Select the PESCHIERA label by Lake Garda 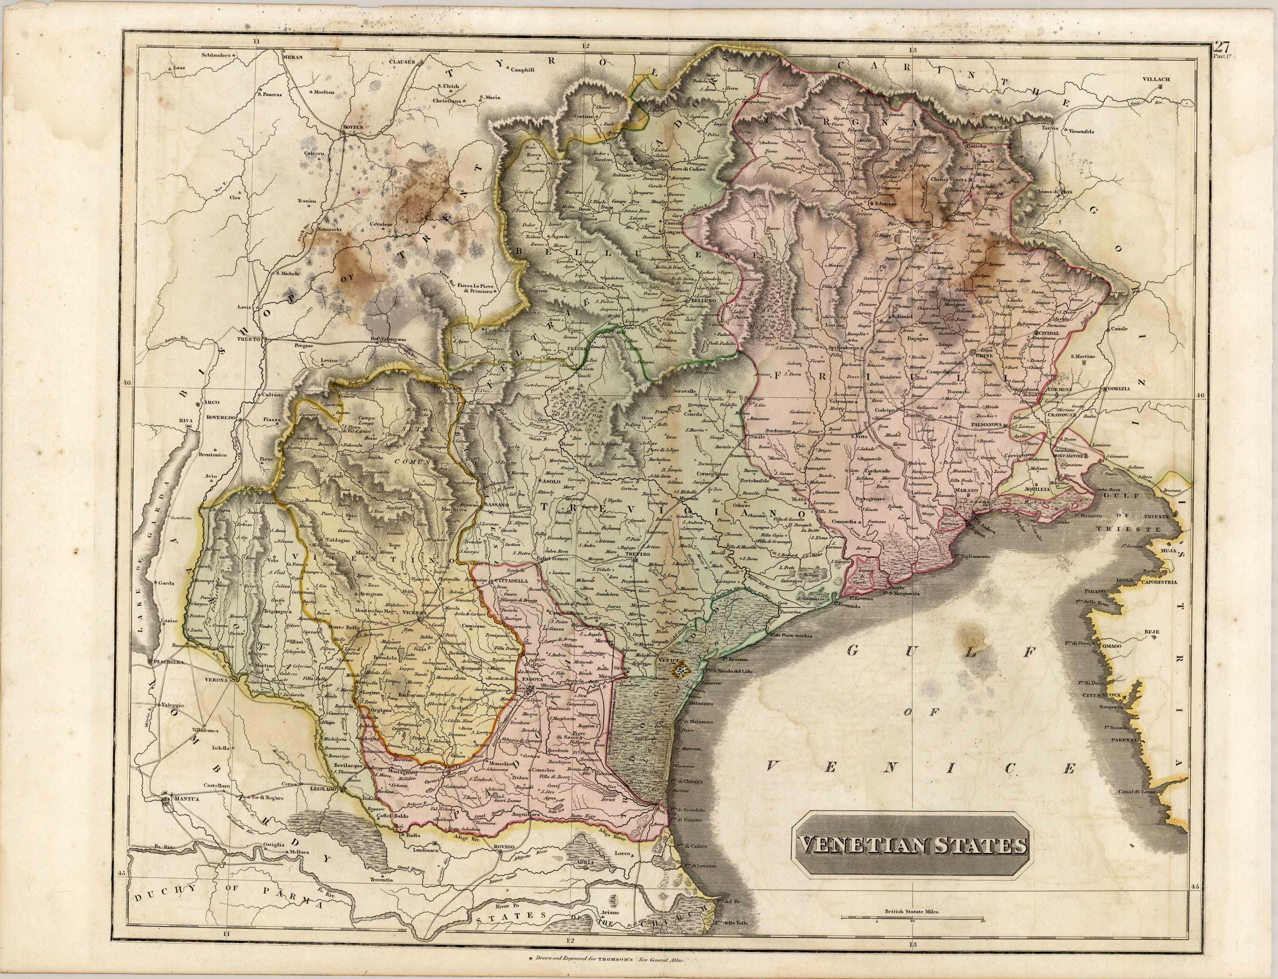[x=169, y=662]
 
